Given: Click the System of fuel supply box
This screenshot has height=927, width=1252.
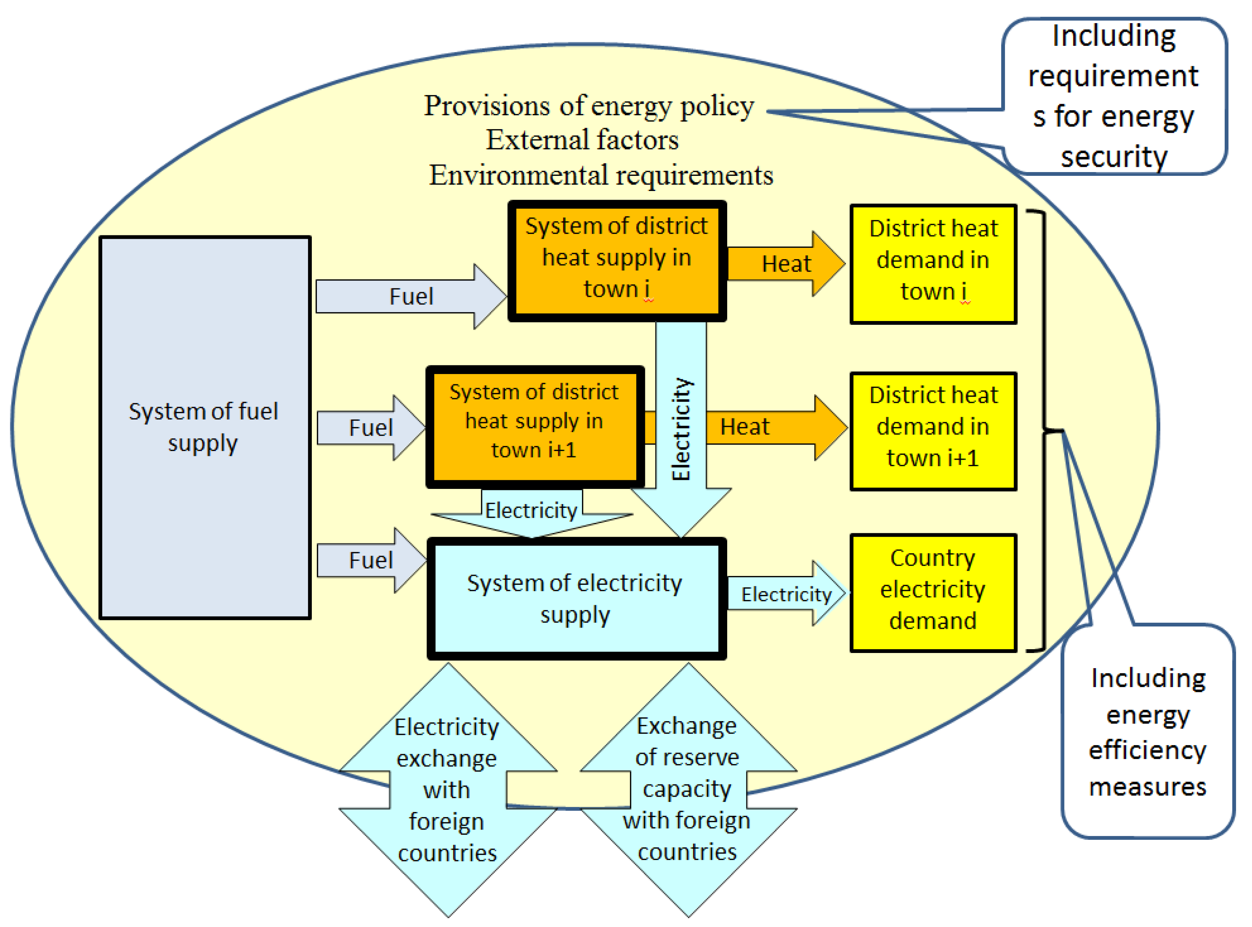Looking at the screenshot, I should click(205, 427).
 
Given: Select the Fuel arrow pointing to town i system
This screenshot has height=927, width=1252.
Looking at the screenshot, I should click(411, 296).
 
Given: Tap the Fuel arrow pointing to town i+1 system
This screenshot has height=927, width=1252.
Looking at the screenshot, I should click(370, 427).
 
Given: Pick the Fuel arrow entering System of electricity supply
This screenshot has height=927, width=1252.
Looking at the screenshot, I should click(370, 560).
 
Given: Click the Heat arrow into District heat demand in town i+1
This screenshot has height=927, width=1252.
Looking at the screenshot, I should click(774, 427).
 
